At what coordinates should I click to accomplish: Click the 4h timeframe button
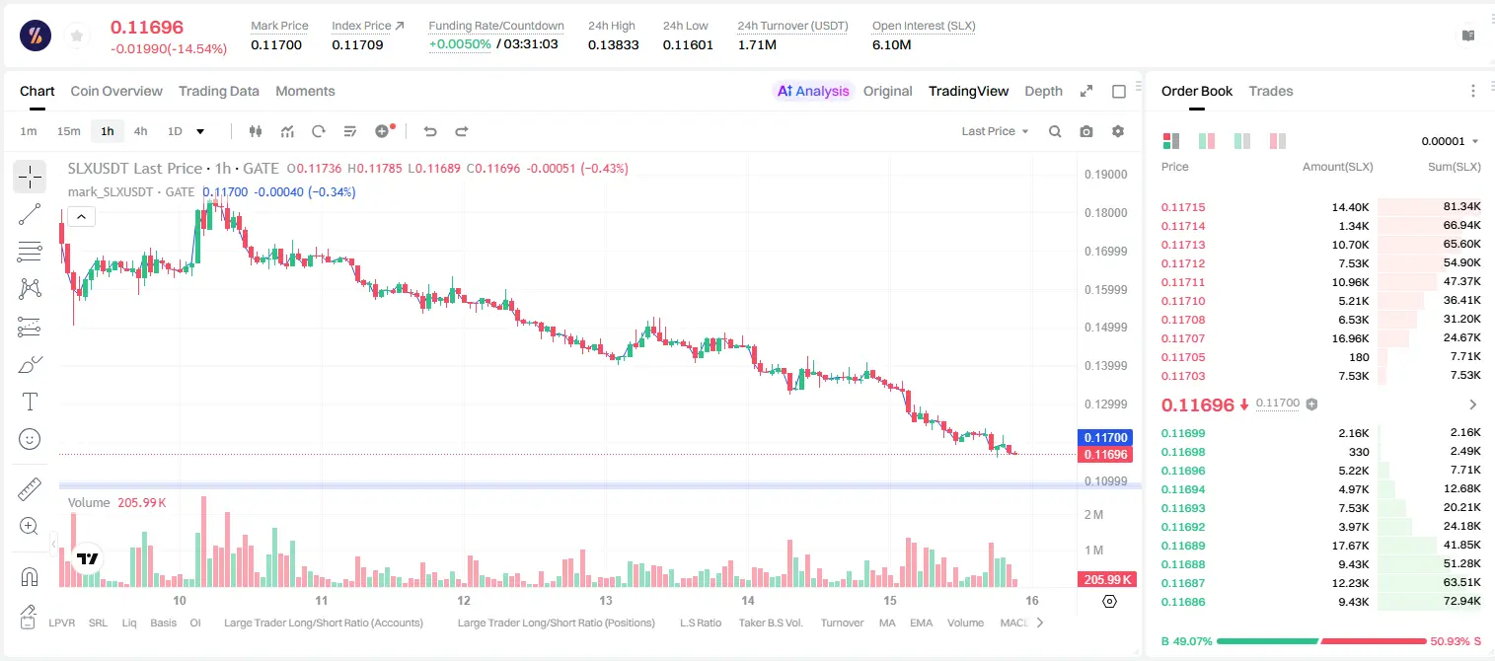coord(140,131)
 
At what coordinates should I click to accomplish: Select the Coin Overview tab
coord(116,91)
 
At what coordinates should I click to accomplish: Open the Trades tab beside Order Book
coord(1270,91)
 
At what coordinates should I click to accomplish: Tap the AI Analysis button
coord(813,91)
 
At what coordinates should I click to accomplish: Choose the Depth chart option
coord(1043,91)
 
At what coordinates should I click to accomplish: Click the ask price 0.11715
coord(1182,207)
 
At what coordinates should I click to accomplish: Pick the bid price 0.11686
coord(1182,602)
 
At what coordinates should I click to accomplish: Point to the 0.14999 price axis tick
coord(1105,328)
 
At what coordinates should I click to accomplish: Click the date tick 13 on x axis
coord(605,600)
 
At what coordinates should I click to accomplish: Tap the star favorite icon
coord(77,37)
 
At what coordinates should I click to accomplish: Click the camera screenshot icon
coord(1085,131)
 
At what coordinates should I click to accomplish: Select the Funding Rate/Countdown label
coord(496,26)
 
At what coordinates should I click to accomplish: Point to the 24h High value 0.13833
coord(613,44)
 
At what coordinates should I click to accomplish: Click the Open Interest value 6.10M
coord(891,44)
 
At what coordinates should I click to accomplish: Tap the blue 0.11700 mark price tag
coord(1105,438)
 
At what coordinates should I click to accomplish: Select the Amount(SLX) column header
coord(1337,167)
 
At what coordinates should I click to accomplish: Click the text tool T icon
coord(30,402)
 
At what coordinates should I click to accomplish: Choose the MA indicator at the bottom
coord(887,623)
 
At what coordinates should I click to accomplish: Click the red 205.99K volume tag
coord(1106,580)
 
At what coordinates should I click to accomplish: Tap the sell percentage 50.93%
coord(1450,641)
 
